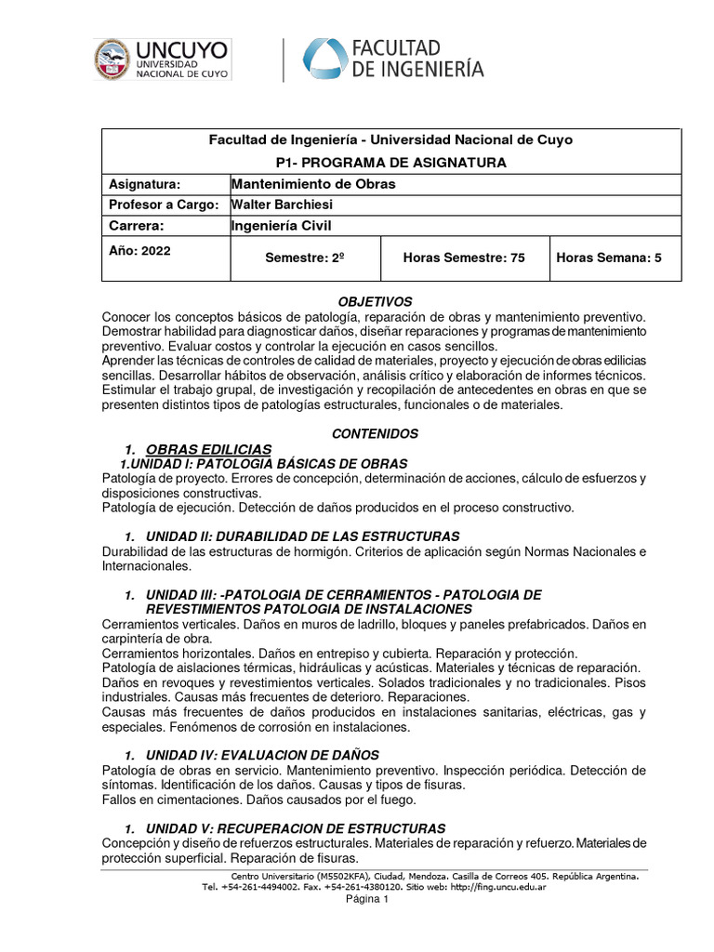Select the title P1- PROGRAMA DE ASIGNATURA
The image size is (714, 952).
tap(390, 162)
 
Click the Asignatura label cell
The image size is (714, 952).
tap(144, 184)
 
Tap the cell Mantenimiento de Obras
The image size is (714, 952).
tap(313, 184)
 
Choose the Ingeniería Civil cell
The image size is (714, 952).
tap(281, 225)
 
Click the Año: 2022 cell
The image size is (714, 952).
tap(139, 250)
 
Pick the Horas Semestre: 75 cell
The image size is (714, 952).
tap(463, 258)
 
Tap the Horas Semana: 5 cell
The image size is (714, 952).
tap(608, 258)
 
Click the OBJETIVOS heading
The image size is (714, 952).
tap(375, 302)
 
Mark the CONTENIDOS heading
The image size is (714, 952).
tap(375, 433)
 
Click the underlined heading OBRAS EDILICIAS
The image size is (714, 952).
tap(209, 449)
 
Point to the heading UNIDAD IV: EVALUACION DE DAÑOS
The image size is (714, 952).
tap(263, 754)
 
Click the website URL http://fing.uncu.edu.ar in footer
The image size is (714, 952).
tap(497, 887)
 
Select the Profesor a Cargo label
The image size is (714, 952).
tap(164, 205)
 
